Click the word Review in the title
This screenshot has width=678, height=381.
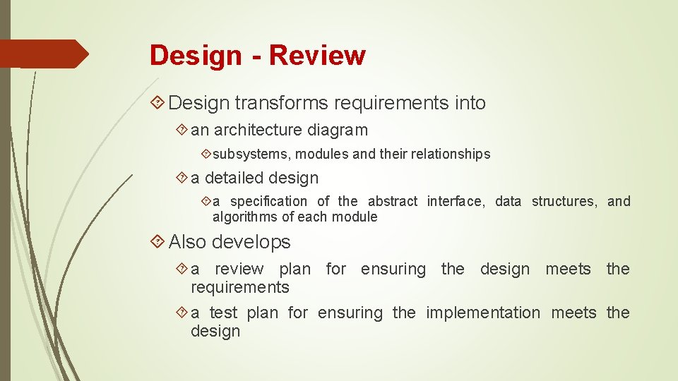click(317, 55)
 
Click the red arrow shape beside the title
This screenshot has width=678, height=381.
click(44, 54)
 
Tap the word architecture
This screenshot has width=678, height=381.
click(259, 130)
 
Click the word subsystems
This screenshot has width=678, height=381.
click(253, 154)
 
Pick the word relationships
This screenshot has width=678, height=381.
click(448, 154)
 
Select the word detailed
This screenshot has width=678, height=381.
click(237, 178)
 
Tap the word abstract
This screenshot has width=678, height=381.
click(393, 201)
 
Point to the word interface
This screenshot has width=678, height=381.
click(456, 201)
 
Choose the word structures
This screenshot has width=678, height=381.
click(564, 201)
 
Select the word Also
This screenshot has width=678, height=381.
click(187, 242)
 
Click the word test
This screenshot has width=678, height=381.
click(223, 313)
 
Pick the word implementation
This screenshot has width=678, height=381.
click(482, 313)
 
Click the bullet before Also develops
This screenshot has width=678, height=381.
click(158, 242)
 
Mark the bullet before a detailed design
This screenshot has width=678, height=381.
click(182, 178)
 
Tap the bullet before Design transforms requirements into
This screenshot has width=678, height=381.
click(158, 103)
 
